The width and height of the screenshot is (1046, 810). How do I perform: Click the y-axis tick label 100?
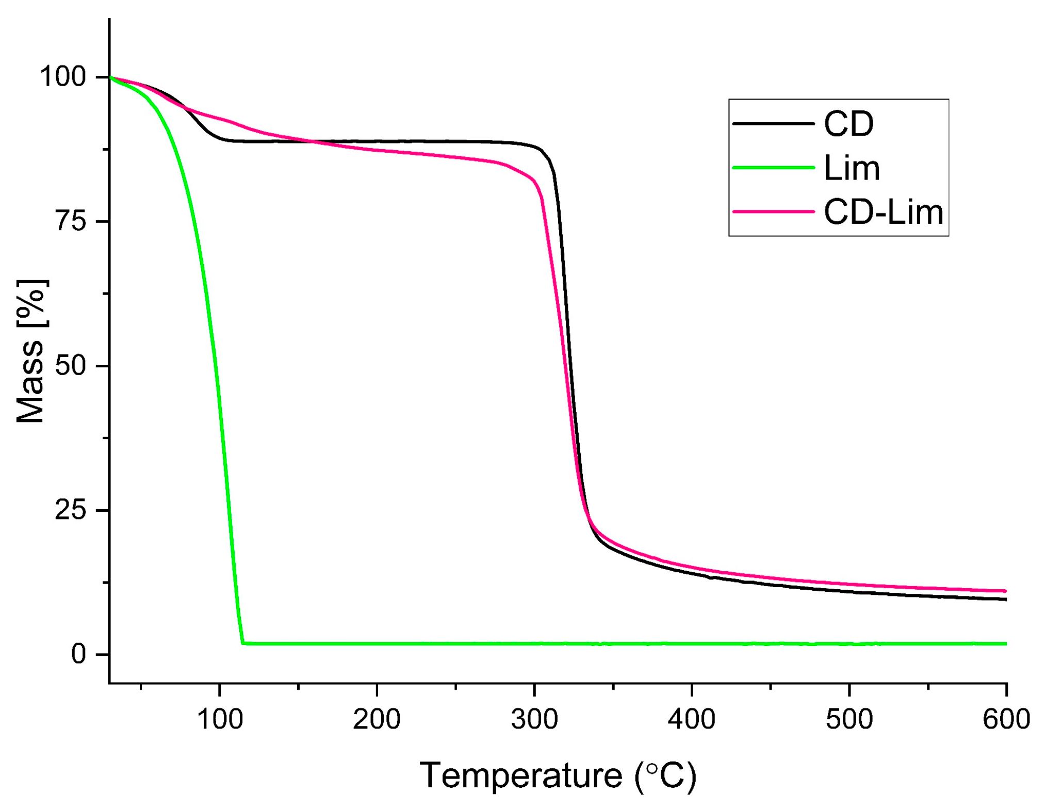pos(62,77)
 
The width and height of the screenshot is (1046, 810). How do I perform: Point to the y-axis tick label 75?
pos(70,221)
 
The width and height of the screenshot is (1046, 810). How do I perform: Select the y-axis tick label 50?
pos(70,366)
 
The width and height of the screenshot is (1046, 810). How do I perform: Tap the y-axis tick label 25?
pos(70,510)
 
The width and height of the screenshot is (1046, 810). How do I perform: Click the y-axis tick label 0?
pos(78,654)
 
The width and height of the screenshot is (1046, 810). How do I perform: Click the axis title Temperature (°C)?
pos(558,775)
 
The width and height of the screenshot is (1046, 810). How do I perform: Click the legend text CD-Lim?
pos(884,212)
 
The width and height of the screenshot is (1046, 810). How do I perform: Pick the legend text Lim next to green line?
pos(852,168)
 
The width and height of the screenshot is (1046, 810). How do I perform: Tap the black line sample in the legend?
pos(773,124)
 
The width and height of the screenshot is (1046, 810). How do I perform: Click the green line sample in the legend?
pos(773,168)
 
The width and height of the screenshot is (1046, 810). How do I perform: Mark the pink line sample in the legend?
pos(773,212)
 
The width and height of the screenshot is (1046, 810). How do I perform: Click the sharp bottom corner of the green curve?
pos(243,643)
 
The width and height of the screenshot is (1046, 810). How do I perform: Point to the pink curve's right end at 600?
pos(1005,591)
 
